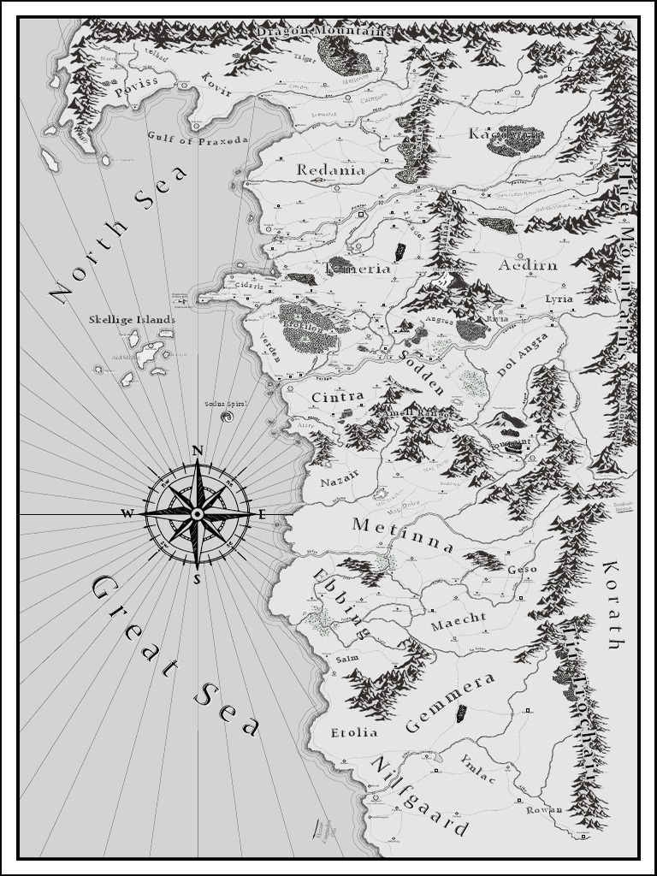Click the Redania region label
pyautogui.click(x=331, y=170)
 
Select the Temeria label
pyautogui.click(x=358, y=269)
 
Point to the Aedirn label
pyautogui.click(x=528, y=265)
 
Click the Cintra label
pyautogui.click(x=338, y=397)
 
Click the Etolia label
pyautogui.click(x=353, y=733)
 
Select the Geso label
pyautogui.click(x=522, y=570)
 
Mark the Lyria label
pyautogui.click(x=559, y=299)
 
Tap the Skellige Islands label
pyautogui.click(x=132, y=320)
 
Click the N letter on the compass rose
pyautogui.click(x=197, y=451)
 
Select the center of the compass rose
pyautogui.click(x=197, y=513)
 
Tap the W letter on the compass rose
pyautogui.click(x=127, y=513)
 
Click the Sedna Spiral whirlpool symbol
pyautogui.click(x=227, y=417)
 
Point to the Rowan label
pyautogui.click(x=543, y=809)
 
